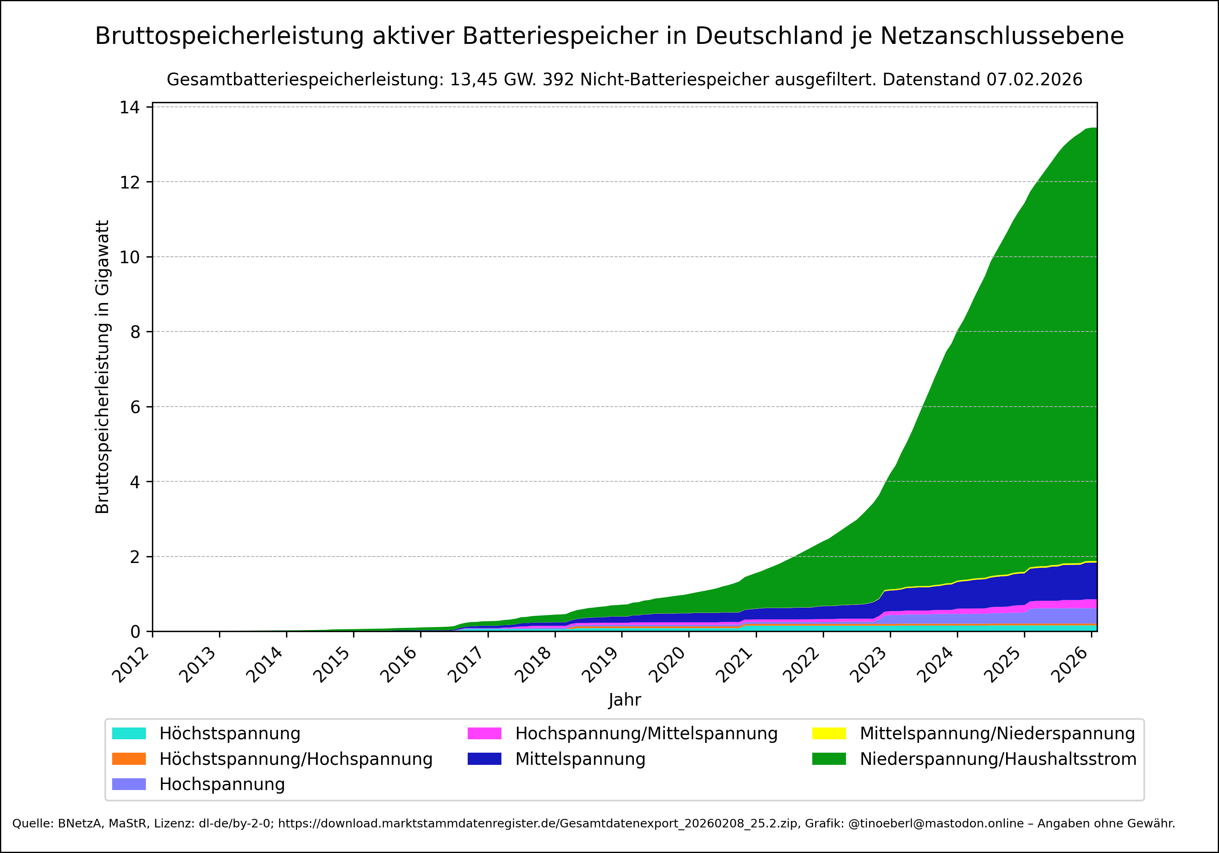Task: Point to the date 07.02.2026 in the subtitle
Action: [x=1034, y=80]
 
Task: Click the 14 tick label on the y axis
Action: [x=130, y=108]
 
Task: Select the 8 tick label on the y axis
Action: [x=135, y=332]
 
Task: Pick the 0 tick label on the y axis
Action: [x=135, y=632]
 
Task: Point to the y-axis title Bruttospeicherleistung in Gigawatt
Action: [x=102, y=367]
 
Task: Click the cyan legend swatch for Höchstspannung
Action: [x=129, y=734]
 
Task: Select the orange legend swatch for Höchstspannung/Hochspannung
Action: [x=129, y=759]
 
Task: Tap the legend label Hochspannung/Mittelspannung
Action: [x=646, y=734]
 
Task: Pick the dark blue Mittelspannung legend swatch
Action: [x=484, y=759]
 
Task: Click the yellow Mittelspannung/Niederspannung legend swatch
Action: [x=829, y=734]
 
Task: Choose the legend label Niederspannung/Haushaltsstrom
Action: [x=998, y=759]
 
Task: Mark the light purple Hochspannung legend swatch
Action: [x=129, y=784]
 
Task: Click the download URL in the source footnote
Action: [x=538, y=823]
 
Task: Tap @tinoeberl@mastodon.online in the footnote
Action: [x=936, y=823]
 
